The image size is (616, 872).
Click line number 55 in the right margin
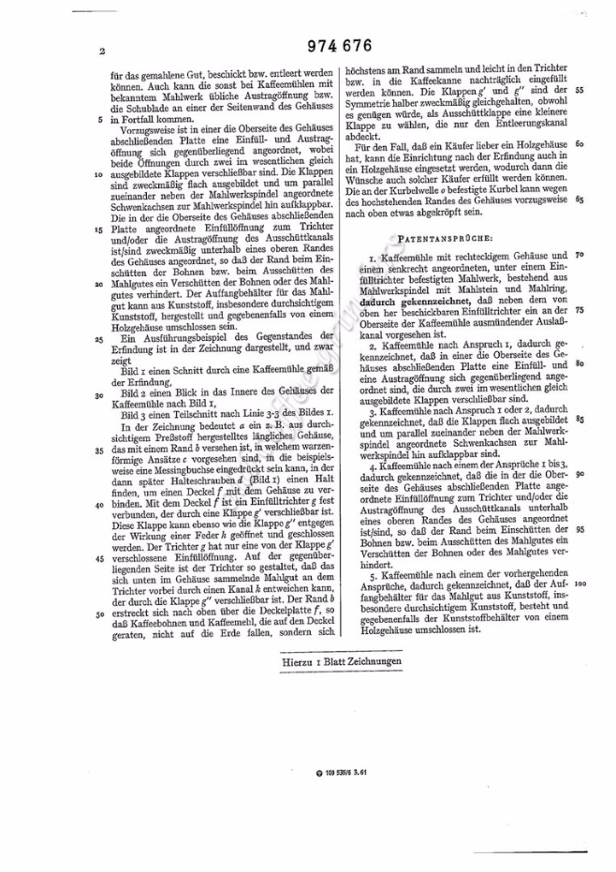pyautogui.click(x=580, y=91)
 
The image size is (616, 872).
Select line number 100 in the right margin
pyautogui.click(x=580, y=583)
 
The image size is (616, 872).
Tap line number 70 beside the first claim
pyautogui.click(x=580, y=255)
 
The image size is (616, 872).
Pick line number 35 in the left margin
pyautogui.click(x=98, y=451)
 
